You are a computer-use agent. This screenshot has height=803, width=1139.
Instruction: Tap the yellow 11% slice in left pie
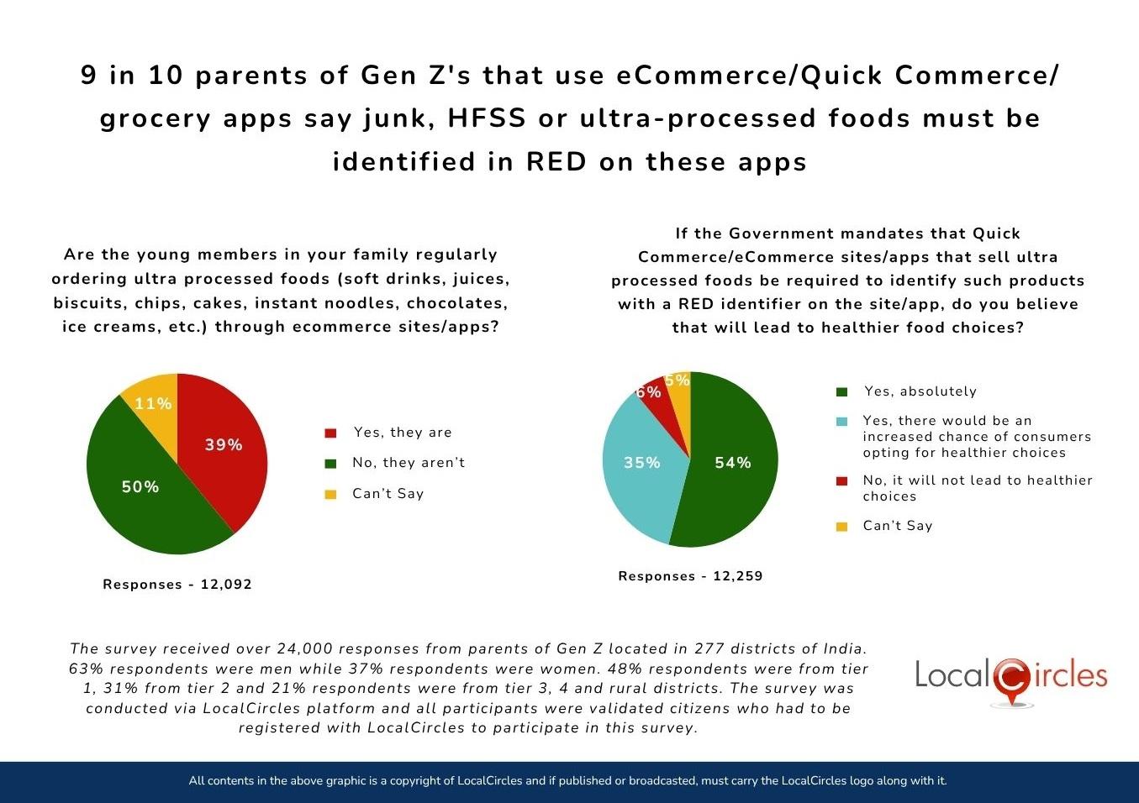click(x=154, y=402)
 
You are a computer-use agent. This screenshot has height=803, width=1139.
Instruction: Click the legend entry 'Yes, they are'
click(x=403, y=433)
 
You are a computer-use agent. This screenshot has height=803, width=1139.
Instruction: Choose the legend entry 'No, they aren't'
click(x=409, y=463)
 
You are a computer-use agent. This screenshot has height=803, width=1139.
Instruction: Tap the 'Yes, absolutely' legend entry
click(x=920, y=391)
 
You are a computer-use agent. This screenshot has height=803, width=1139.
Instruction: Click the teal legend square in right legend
click(x=841, y=421)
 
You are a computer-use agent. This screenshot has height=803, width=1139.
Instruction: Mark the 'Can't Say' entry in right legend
click(x=897, y=526)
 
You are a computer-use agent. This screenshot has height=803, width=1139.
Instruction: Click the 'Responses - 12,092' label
click(x=177, y=585)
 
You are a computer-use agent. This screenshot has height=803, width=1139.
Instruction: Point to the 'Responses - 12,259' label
click(x=690, y=576)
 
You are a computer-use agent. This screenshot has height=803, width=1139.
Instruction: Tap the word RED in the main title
click(x=556, y=161)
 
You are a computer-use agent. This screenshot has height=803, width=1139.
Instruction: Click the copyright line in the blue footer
click(x=568, y=781)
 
